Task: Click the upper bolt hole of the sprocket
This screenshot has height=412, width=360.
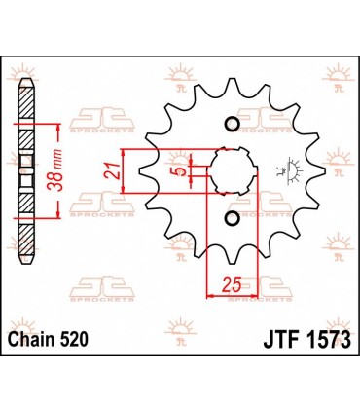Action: click(232, 125)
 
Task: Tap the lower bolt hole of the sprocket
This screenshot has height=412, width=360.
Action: click(232, 219)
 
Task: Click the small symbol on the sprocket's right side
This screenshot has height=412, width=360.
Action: click(284, 171)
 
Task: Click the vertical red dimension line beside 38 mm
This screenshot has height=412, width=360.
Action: click(62, 171)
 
